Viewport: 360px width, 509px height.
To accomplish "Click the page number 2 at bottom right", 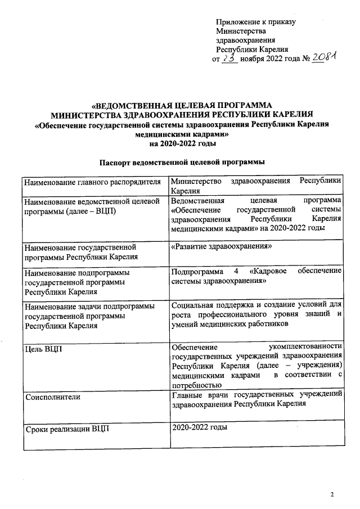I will tap(332, 494).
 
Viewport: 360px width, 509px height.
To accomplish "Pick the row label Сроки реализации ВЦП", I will tap(67, 430).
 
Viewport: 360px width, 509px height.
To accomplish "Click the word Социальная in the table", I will tap(193, 305).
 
